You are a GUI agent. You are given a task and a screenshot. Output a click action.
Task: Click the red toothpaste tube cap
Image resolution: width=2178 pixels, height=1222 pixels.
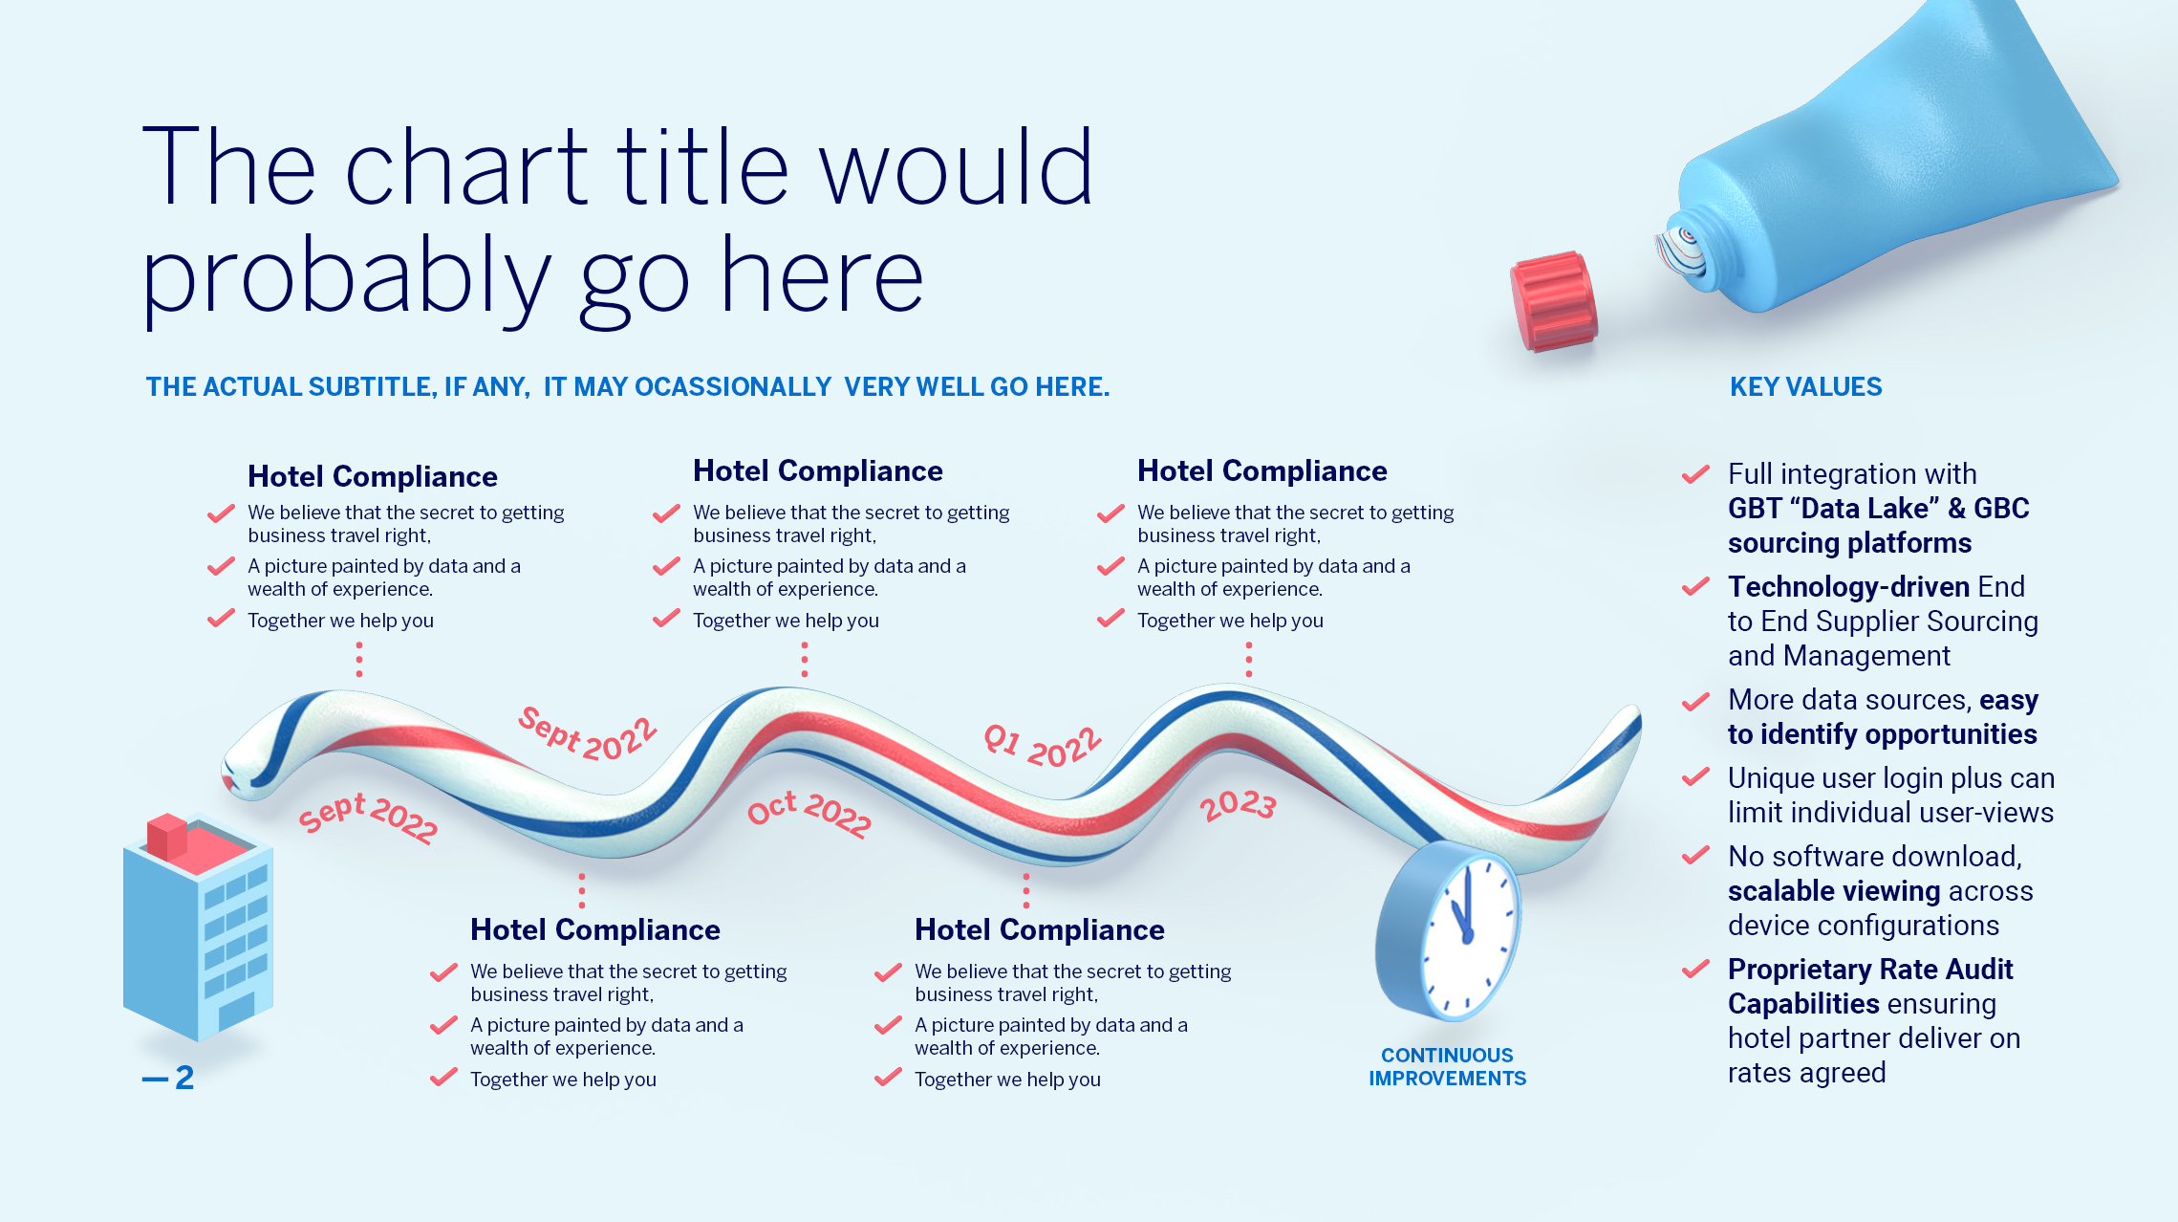(1554, 301)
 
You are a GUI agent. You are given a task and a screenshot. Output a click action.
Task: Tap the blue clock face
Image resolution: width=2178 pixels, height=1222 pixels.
(1468, 932)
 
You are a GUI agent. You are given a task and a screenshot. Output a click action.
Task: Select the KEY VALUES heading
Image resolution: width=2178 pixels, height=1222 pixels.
(1805, 387)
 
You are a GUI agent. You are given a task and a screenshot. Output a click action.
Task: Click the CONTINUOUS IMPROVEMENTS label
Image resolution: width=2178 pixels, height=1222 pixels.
(1447, 1067)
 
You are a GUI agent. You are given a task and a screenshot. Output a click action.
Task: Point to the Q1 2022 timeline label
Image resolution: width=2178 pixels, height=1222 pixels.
(1043, 747)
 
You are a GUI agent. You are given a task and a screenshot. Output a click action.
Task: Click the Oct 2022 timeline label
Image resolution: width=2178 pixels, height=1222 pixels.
(809, 813)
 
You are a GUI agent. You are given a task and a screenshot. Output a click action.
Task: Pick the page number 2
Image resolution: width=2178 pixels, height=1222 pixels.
(184, 1079)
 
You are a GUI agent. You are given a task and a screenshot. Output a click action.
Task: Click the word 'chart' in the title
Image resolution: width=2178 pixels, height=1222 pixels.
(465, 167)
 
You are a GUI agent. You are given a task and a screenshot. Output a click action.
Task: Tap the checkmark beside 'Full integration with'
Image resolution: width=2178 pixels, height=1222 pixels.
(1695, 474)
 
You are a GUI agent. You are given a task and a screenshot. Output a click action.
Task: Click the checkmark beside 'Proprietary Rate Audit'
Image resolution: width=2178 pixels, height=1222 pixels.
(1695, 970)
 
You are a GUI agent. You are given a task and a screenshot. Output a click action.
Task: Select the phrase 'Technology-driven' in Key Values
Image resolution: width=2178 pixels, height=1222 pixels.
(1848, 586)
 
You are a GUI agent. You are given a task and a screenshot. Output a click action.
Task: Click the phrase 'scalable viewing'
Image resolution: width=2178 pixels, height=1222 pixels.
(1833, 891)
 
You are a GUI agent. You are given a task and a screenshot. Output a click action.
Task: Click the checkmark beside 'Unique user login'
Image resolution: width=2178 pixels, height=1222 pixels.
(1695, 778)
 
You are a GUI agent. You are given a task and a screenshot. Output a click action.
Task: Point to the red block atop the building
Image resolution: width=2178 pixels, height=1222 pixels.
(167, 836)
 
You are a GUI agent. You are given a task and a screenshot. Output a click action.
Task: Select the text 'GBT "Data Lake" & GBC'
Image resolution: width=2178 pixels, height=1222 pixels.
(1878, 509)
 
